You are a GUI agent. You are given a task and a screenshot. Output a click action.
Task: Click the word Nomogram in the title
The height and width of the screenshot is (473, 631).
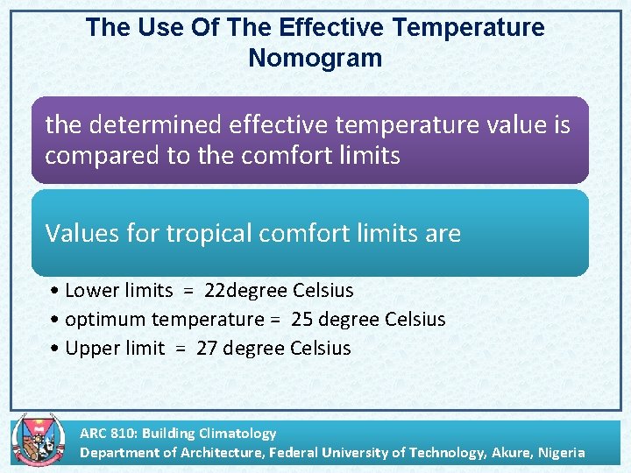(315, 58)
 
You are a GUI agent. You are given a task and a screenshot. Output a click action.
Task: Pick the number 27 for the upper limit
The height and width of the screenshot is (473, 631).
(207, 348)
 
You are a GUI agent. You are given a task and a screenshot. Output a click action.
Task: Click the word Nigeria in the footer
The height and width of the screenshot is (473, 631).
(561, 452)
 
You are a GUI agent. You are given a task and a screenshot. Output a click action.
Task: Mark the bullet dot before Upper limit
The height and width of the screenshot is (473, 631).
(55, 349)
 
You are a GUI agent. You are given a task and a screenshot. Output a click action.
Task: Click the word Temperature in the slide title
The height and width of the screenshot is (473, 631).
(469, 27)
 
